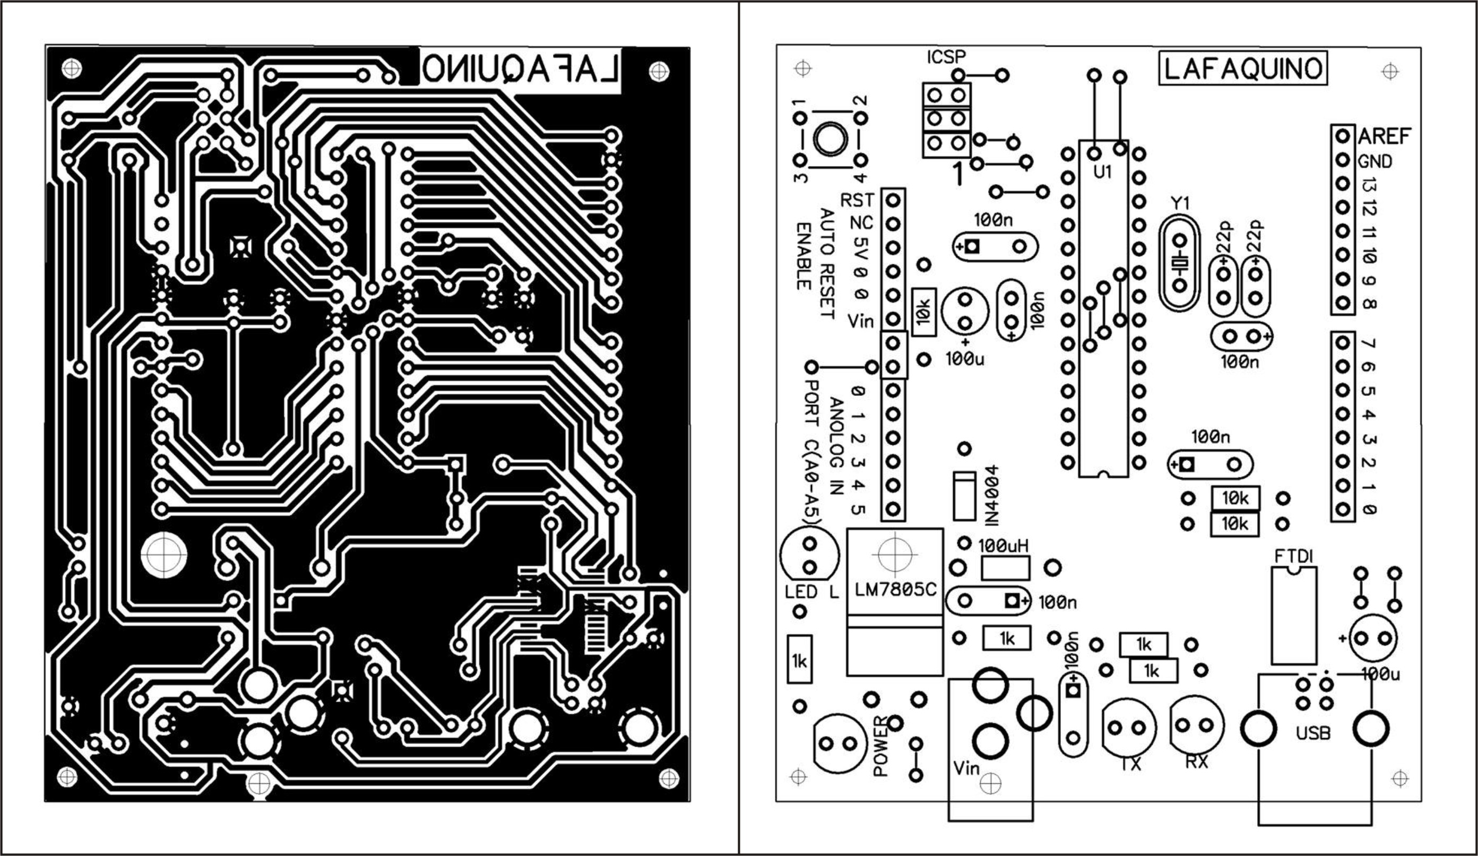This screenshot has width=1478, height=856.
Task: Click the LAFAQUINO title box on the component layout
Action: click(x=1242, y=69)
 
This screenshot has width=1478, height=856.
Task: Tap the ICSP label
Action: click(x=946, y=57)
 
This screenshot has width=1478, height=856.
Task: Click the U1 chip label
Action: click(x=1103, y=172)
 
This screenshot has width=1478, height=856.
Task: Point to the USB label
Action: click(x=1312, y=733)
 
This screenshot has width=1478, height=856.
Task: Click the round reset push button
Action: click(x=830, y=139)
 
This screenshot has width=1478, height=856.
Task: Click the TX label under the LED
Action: click(x=1130, y=764)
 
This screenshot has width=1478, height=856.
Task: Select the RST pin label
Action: click(x=857, y=201)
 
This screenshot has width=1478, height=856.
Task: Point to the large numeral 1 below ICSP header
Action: click(x=958, y=174)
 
